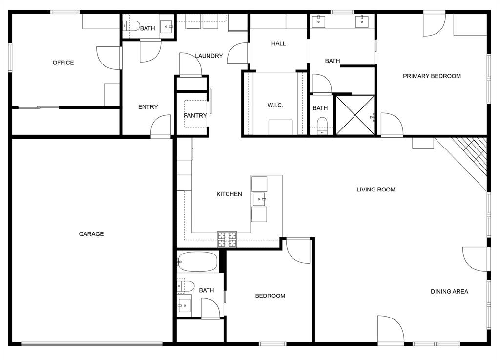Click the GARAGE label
91,234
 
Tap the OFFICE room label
63,63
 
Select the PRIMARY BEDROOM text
432,76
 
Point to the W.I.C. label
275,106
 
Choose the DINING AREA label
449,292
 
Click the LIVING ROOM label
375,190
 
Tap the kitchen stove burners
227,238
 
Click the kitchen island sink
259,199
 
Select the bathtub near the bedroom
197,262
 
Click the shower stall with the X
355,115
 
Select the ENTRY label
148,107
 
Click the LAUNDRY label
209,56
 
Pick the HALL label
278,43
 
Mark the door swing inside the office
108,58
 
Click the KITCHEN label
229,194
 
